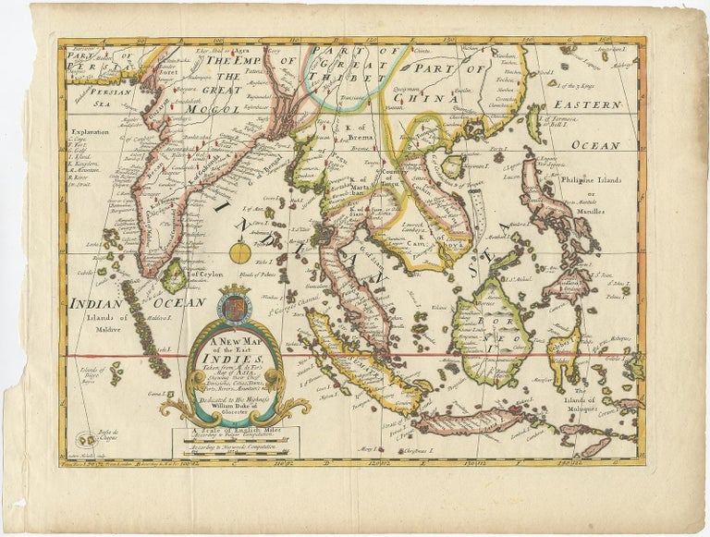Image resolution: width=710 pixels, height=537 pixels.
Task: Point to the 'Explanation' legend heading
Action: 87,132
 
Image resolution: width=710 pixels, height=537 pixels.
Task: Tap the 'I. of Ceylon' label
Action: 205,274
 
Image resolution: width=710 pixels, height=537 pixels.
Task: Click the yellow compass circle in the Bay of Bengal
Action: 242,250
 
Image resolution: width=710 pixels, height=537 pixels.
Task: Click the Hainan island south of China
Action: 453,167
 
